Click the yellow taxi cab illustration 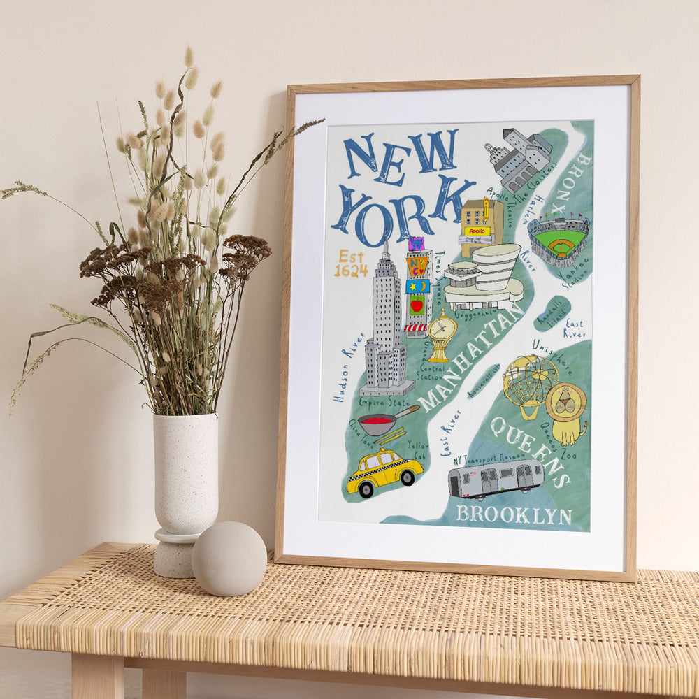[384, 472]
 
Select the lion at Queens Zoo [566, 411]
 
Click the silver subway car [496, 478]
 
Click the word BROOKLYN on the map [514, 515]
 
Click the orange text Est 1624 [350, 264]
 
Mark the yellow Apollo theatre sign [477, 231]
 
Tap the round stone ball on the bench [229, 559]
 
